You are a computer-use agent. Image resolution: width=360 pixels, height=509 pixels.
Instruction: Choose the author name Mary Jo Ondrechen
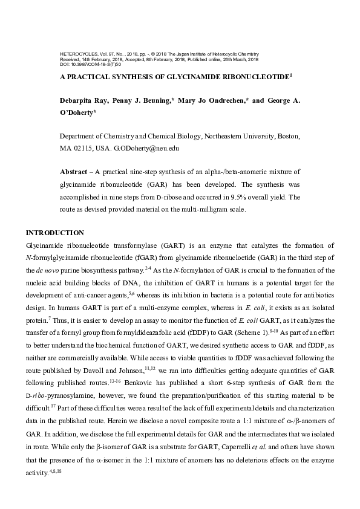(212, 100)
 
